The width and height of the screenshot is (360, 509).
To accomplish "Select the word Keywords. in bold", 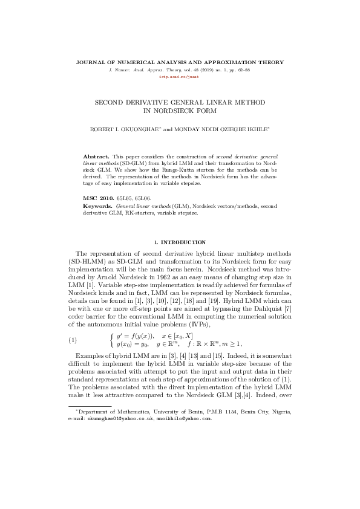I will [x=98, y=206].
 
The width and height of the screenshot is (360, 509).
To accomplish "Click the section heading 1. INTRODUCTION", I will [x=180, y=242].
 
